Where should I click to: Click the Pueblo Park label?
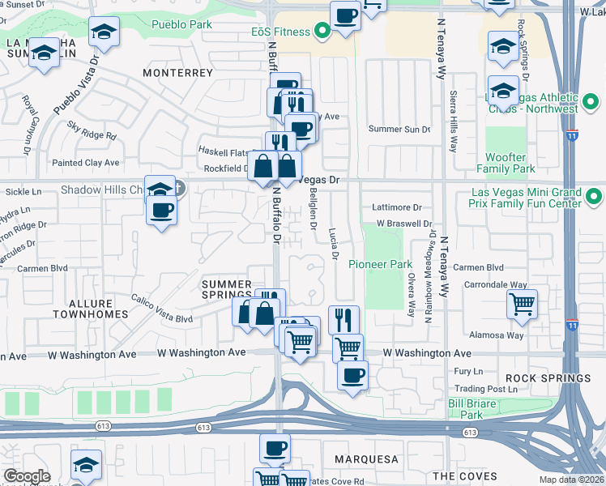click(x=182, y=24)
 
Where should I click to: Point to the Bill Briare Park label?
click(x=466, y=409)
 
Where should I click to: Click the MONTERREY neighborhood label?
click(x=177, y=73)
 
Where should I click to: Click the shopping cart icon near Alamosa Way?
click(x=523, y=305)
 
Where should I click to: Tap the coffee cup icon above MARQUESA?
click(x=275, y=447)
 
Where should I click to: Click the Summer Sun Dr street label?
click(x=399, y=129)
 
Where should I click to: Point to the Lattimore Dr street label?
click(x=397, y=207)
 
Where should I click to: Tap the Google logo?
click(x=26, y=476)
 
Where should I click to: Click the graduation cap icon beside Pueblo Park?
click(x=103, y=32)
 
